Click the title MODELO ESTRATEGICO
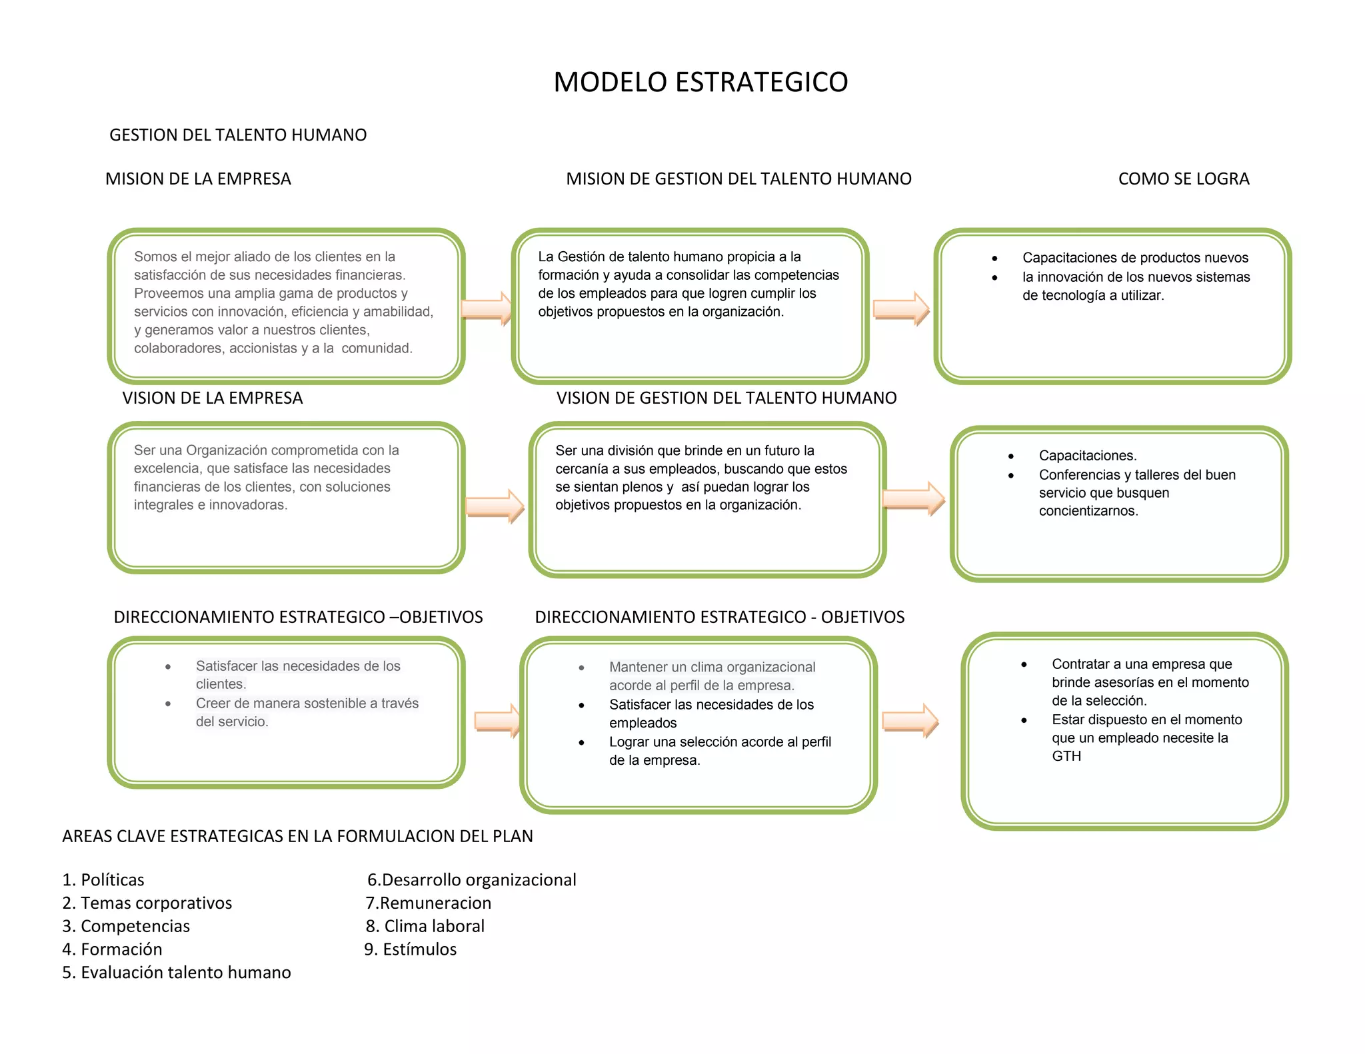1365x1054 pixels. click(x=700, y=82)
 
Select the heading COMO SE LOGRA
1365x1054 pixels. click(x=1183, y=179)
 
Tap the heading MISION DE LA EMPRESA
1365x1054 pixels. click(x=198, y=179)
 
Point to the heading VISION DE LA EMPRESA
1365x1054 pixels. click(x=212, y=398)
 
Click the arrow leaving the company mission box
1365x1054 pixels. click(x=487, y=308)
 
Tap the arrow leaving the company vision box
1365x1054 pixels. click(x=495, y=506)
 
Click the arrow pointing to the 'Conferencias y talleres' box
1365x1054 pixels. click(x=913, y=498)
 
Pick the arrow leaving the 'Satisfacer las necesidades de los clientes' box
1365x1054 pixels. click(x=497, y=720)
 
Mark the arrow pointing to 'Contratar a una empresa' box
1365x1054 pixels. click(x=910, y=720)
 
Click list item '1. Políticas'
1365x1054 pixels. click(x=103, y=879)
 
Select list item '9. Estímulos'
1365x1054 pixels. click(x=411, y=949)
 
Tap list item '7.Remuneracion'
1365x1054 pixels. click(x=429, y=903)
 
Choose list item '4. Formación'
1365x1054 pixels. click(x=112, y=949)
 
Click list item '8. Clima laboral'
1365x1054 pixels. click(x=425, y=926)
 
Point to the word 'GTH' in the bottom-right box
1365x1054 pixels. click(x=1066, y=756)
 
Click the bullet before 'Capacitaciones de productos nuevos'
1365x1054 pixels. click(x=994, y=259)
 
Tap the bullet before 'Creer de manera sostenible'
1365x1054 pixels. click(x=168, y=704)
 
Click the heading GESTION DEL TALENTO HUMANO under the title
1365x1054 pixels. click(x=238, y=135)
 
